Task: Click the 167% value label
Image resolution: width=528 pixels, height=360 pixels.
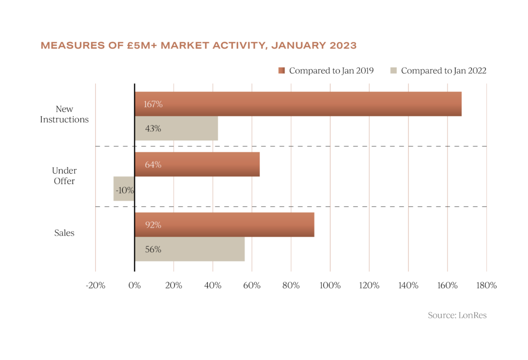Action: [153, 104]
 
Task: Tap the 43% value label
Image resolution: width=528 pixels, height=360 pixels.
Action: [153, 129]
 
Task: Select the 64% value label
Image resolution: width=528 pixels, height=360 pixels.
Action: [153, 165]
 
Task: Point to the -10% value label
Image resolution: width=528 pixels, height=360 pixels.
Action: [125, 190]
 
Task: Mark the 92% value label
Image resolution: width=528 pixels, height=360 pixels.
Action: [153, 225]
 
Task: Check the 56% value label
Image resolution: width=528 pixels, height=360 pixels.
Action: [153, 250]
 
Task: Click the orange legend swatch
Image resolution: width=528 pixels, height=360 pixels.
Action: [281, 71]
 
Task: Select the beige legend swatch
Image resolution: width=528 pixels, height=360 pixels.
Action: [393, 71]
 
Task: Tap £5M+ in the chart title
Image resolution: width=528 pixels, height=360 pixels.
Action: [142, 46]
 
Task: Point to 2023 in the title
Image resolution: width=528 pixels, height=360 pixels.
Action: [342, 46]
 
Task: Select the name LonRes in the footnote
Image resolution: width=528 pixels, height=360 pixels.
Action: [472, 315]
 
